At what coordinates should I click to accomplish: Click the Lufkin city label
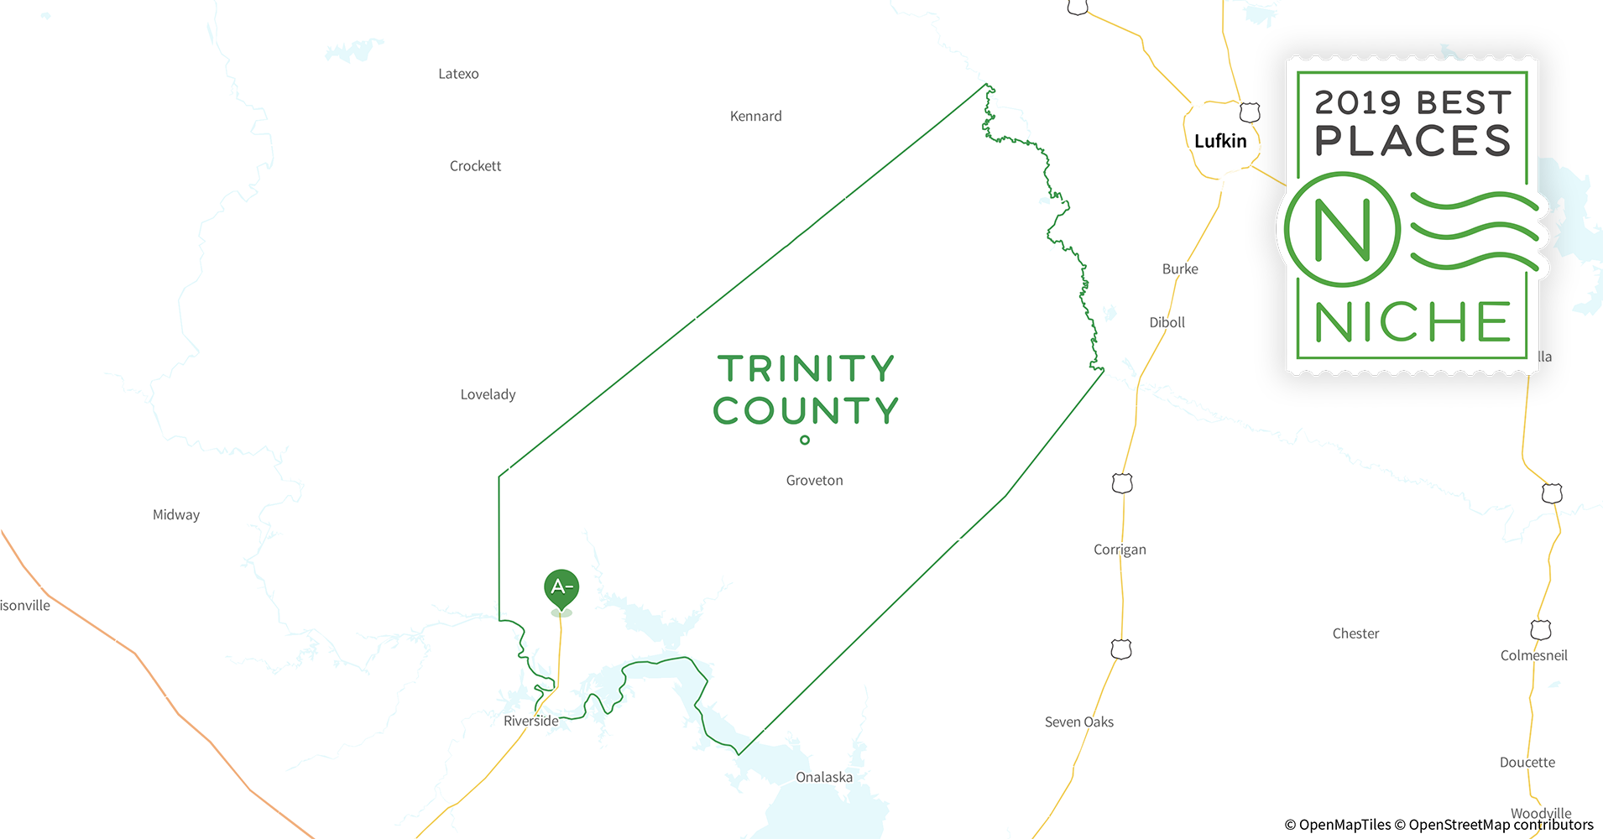pyautogui.click(x=1220, y=141)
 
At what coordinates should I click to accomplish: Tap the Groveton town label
pyautogui.click(x=814, y=481)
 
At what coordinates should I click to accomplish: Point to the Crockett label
pyautogui.click(x=475, y=166)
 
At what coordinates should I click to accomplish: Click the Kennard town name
pyautogui.click(x=755, y=117)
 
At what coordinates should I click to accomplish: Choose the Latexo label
pyautogui.click(x=458, y=74)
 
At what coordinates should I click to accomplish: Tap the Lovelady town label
pyautogui.click(x=488, y=394)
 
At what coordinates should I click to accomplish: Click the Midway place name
pyautogui.click(x=176, y=515)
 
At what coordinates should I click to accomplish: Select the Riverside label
pyautogui.click(x=530, y=721)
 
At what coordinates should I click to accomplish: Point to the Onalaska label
pyautogui.click(x=823, y=777)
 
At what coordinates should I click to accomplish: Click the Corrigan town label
pyautogui.click(x=1120, y=550)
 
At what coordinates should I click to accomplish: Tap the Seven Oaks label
pyautogui.click(x=1078, y=722)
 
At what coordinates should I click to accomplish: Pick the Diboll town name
pyautogui.click(x=1167, y=322)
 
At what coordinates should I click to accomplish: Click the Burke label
pyautogui.click(x=1180, y=269)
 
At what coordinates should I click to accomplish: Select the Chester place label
pyautogui.click(x=1355, y=633)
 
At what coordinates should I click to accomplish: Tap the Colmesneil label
pyautogui.click(x=1533, y=655)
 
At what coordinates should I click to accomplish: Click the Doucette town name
pyautogui.click(x=1527, y=763)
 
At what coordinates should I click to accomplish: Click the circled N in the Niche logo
pyautogui.click(x=1342, y=229)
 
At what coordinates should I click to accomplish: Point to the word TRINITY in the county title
pyautogui.click(x=806, y=369)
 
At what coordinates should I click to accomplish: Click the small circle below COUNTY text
pyautogui.click(x=805, y=440)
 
